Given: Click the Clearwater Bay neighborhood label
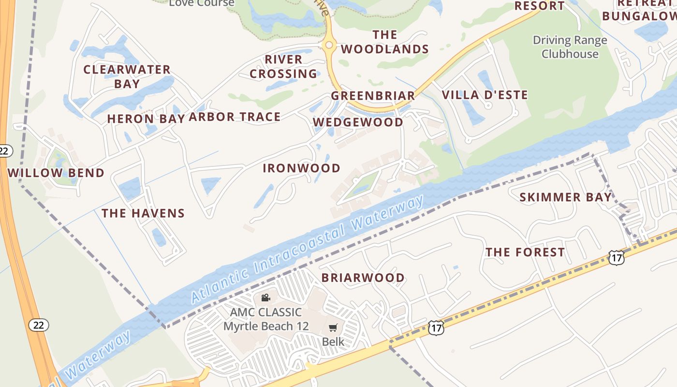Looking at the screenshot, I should tap(127, 76).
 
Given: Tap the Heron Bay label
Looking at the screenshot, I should tap(146, 119).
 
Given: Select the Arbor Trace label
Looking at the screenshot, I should tap(235, 117).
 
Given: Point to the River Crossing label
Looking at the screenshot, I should tap(283, 67).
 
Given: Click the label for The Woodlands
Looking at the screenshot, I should tap(385, 42).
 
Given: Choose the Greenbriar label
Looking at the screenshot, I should tap(373, 96).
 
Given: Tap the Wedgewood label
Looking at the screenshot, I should tap(358, 122).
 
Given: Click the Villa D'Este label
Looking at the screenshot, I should tap(485, 95).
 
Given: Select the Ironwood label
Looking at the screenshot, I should tap(302, 168).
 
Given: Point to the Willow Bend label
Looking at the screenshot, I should tap(56, 173).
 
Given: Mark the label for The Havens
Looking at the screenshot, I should tap(143, 213).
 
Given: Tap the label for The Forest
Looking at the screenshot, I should tap(525, 253).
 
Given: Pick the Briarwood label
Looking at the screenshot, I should tap(363, 278).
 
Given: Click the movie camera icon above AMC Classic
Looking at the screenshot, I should tap(265, 298).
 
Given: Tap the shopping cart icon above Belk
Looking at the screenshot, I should tap(333, 328).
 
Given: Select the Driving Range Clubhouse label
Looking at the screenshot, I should tap(570, 47).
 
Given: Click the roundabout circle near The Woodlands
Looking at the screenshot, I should tap(329, 45).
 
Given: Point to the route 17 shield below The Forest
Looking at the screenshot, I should tap(616, 258).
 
